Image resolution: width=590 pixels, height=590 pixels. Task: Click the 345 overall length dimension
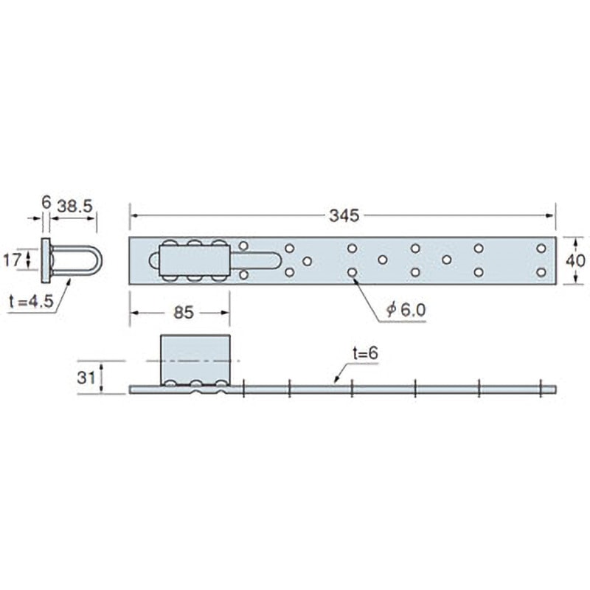(x=344, y=215)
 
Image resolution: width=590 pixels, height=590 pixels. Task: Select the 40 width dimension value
(x=577, y=260)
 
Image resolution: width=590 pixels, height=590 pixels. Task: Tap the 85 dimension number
(x=183, y=313)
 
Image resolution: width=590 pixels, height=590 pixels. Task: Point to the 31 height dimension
(x=86, y=378)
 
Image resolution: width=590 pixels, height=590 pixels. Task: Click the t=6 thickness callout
(x=364, y=354)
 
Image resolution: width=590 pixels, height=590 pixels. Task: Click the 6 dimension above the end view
(x=46, y=201)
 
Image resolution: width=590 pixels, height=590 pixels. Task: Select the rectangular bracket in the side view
(x=195, y=359)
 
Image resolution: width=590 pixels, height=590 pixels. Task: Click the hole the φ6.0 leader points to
(x=353, y=272)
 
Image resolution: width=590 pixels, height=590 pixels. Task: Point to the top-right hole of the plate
(x=541, y=248)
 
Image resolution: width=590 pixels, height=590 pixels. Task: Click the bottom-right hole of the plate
(x=541, y=272)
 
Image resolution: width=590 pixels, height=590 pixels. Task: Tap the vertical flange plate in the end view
(x=46, y=260)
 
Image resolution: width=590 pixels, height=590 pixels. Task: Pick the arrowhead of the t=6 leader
(x=336, y=382)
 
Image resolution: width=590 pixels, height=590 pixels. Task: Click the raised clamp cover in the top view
(x=195, y=260)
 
